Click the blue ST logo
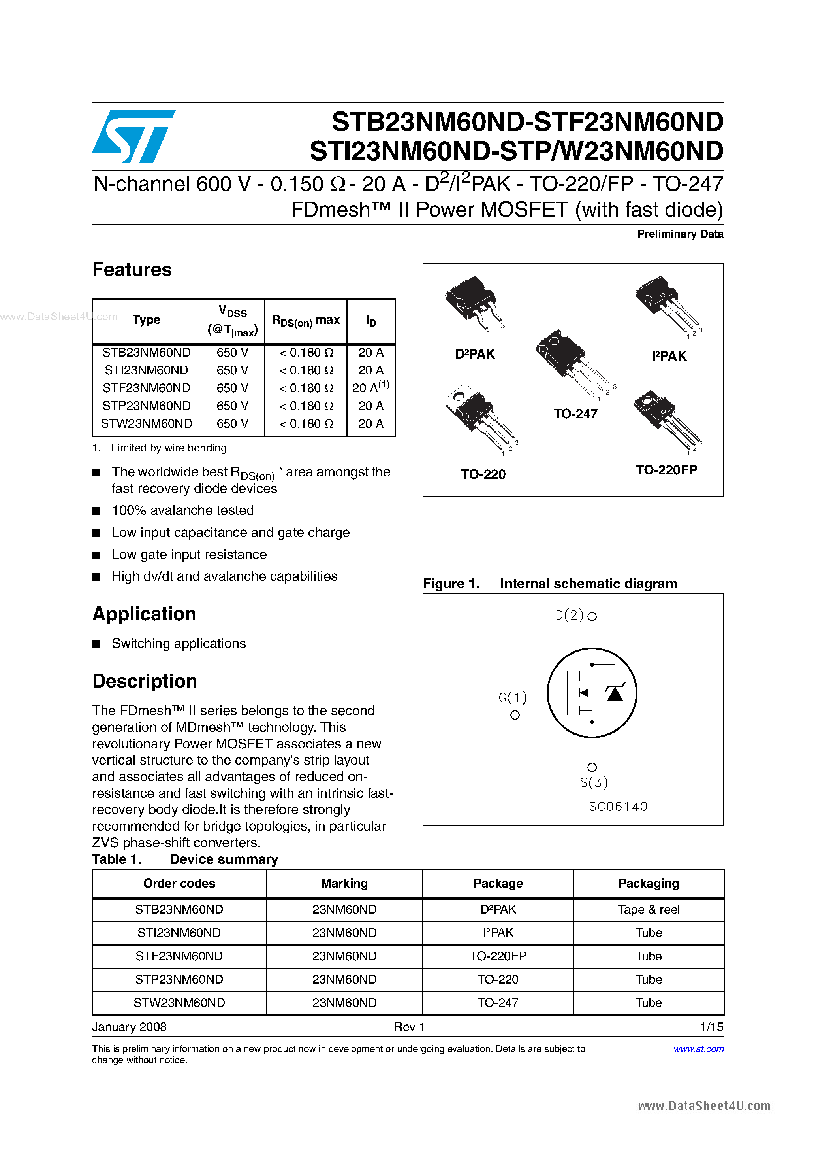click(133, 136)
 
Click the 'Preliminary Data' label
click(680, 234)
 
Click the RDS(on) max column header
click(305, 321)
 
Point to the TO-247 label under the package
click(575, 414)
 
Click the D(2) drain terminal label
click(569, 615)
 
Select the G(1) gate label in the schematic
click(512, 697)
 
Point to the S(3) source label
click(593, 782)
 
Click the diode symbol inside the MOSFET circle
click(614, 693)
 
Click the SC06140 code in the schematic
click(618, 807)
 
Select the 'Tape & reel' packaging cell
click(649, 910)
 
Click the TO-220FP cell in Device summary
click(498, 956)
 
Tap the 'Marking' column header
click(344, 884)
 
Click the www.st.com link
click(698, 1049)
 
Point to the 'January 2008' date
click(129, 1027)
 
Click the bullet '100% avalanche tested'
click(182, 510)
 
